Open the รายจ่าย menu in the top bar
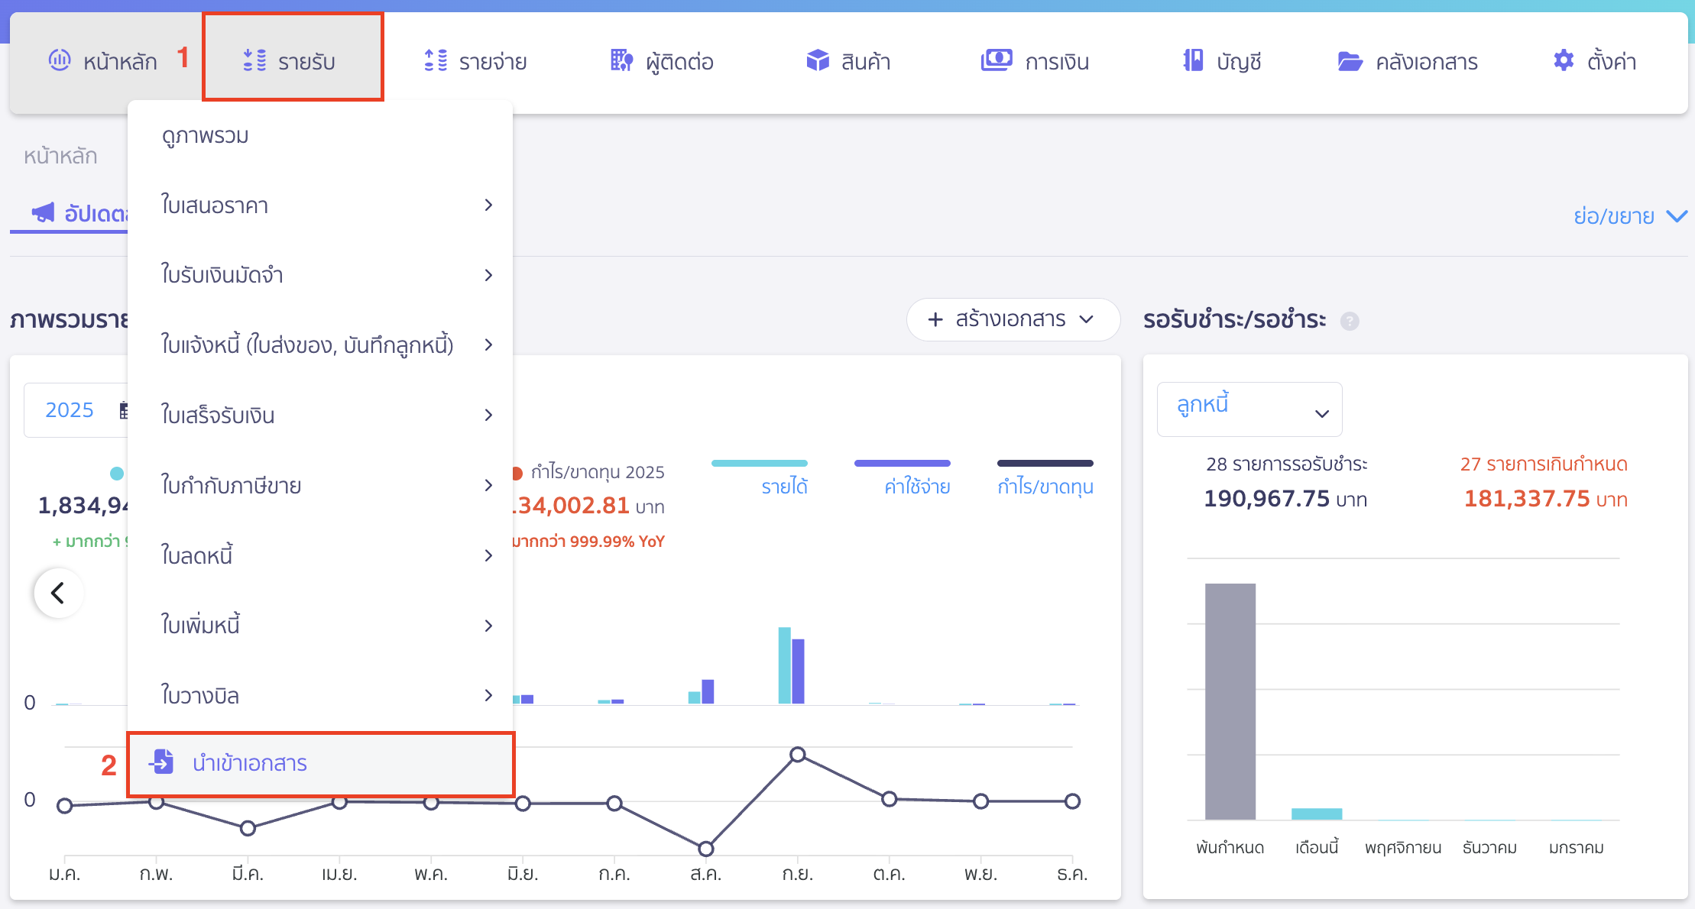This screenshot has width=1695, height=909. click(475, 61)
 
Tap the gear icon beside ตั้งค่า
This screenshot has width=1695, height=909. click(1564, 60)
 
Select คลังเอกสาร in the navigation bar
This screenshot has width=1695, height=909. click(1408, 61)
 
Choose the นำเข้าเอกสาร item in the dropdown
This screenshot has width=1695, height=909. click(249, 763)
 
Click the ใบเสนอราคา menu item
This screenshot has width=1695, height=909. click(215, 205)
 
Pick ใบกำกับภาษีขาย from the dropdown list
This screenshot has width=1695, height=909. click(231, 485)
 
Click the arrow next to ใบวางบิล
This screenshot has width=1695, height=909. click(488, 695)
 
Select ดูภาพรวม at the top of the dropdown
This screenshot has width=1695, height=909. click(206, 135)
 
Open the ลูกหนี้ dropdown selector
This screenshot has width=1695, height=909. click(1249, 409)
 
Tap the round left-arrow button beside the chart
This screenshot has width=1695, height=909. click(58, 593)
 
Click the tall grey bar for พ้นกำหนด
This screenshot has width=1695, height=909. click(1230, 701)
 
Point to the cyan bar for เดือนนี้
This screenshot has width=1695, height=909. click(1316, 814)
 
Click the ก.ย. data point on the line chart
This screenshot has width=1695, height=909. click(797, 755)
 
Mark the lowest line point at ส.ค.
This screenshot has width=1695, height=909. click(706, 849)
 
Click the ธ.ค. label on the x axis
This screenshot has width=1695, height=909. click(1071, 874)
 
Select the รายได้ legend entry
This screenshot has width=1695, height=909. click(784, 487)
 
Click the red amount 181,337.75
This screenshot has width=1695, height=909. click(1526, 499)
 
